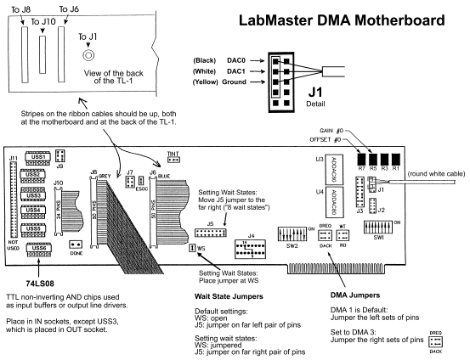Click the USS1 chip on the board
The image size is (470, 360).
click(36, 157)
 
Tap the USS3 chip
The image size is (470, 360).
click(36, 195)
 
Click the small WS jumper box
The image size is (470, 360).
click(192, 247)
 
